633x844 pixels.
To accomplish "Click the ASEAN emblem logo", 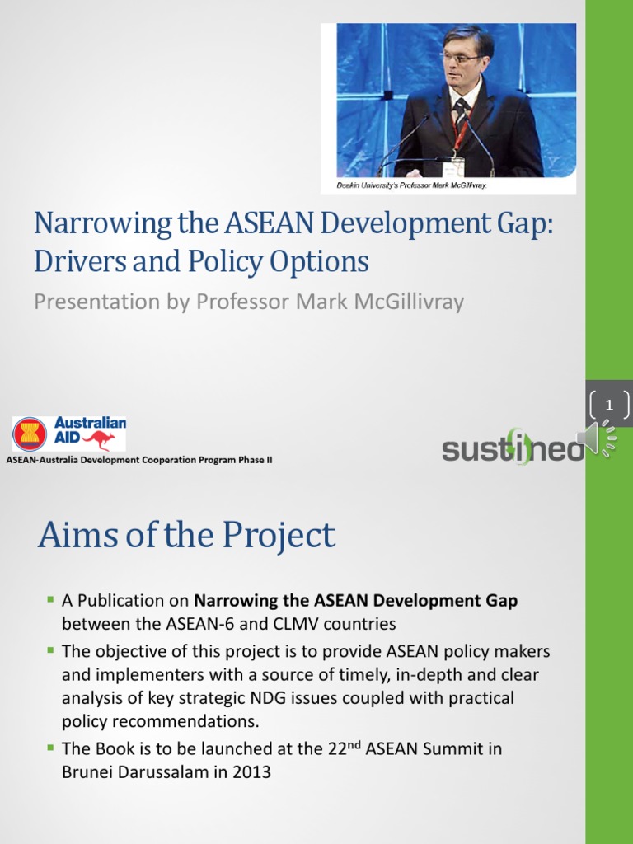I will [x=30, y=434].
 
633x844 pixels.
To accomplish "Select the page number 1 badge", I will [x=609, y=404].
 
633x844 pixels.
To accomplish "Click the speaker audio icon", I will [x=596, y=441].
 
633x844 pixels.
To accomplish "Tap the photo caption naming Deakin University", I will [x=412, y=185].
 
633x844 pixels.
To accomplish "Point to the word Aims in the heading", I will [x=73, y=536].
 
